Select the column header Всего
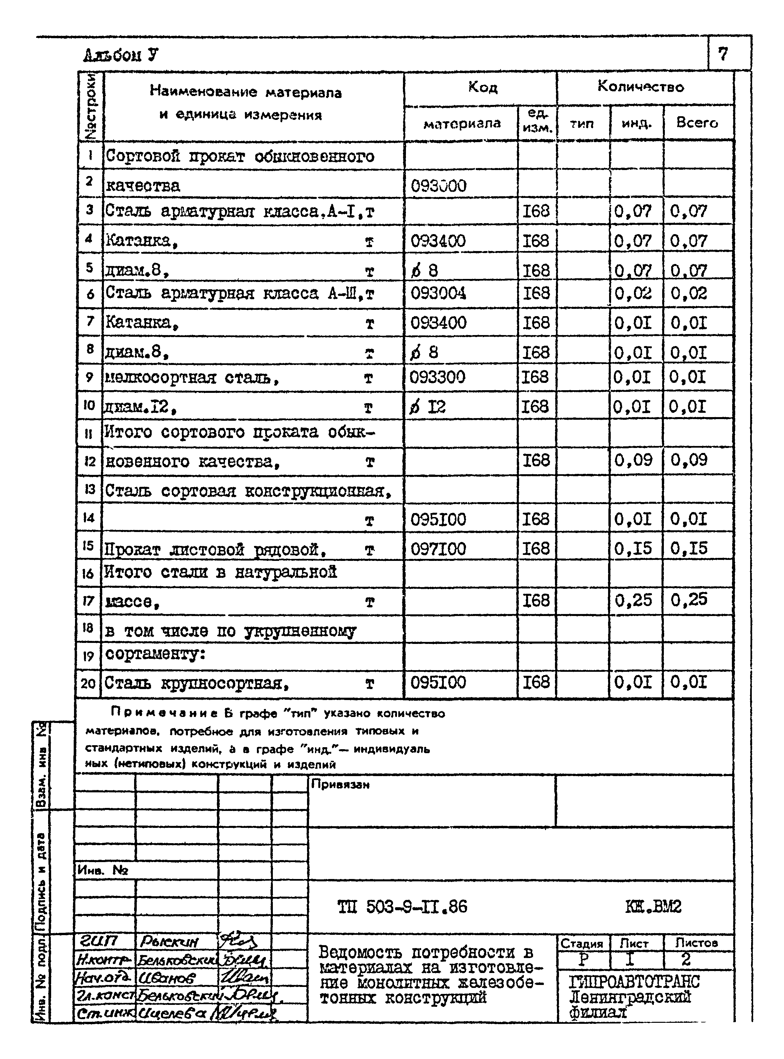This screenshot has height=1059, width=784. pos(697,123)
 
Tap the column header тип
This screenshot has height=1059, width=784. pos(582,124)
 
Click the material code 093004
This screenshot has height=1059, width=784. pos(438,293)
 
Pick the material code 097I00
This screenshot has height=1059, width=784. pos(438,549)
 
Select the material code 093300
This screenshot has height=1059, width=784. pos(437,377)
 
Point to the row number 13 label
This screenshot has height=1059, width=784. pos(89,489)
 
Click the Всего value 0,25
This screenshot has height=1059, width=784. pos(689,600)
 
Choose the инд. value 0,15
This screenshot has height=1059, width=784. pos(633,549)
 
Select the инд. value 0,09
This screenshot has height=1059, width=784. pos(633,460)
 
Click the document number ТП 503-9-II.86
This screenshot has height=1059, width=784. pos(402,907)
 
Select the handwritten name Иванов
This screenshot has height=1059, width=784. pos(167,979)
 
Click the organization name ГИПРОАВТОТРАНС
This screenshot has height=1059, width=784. pos(634,982)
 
